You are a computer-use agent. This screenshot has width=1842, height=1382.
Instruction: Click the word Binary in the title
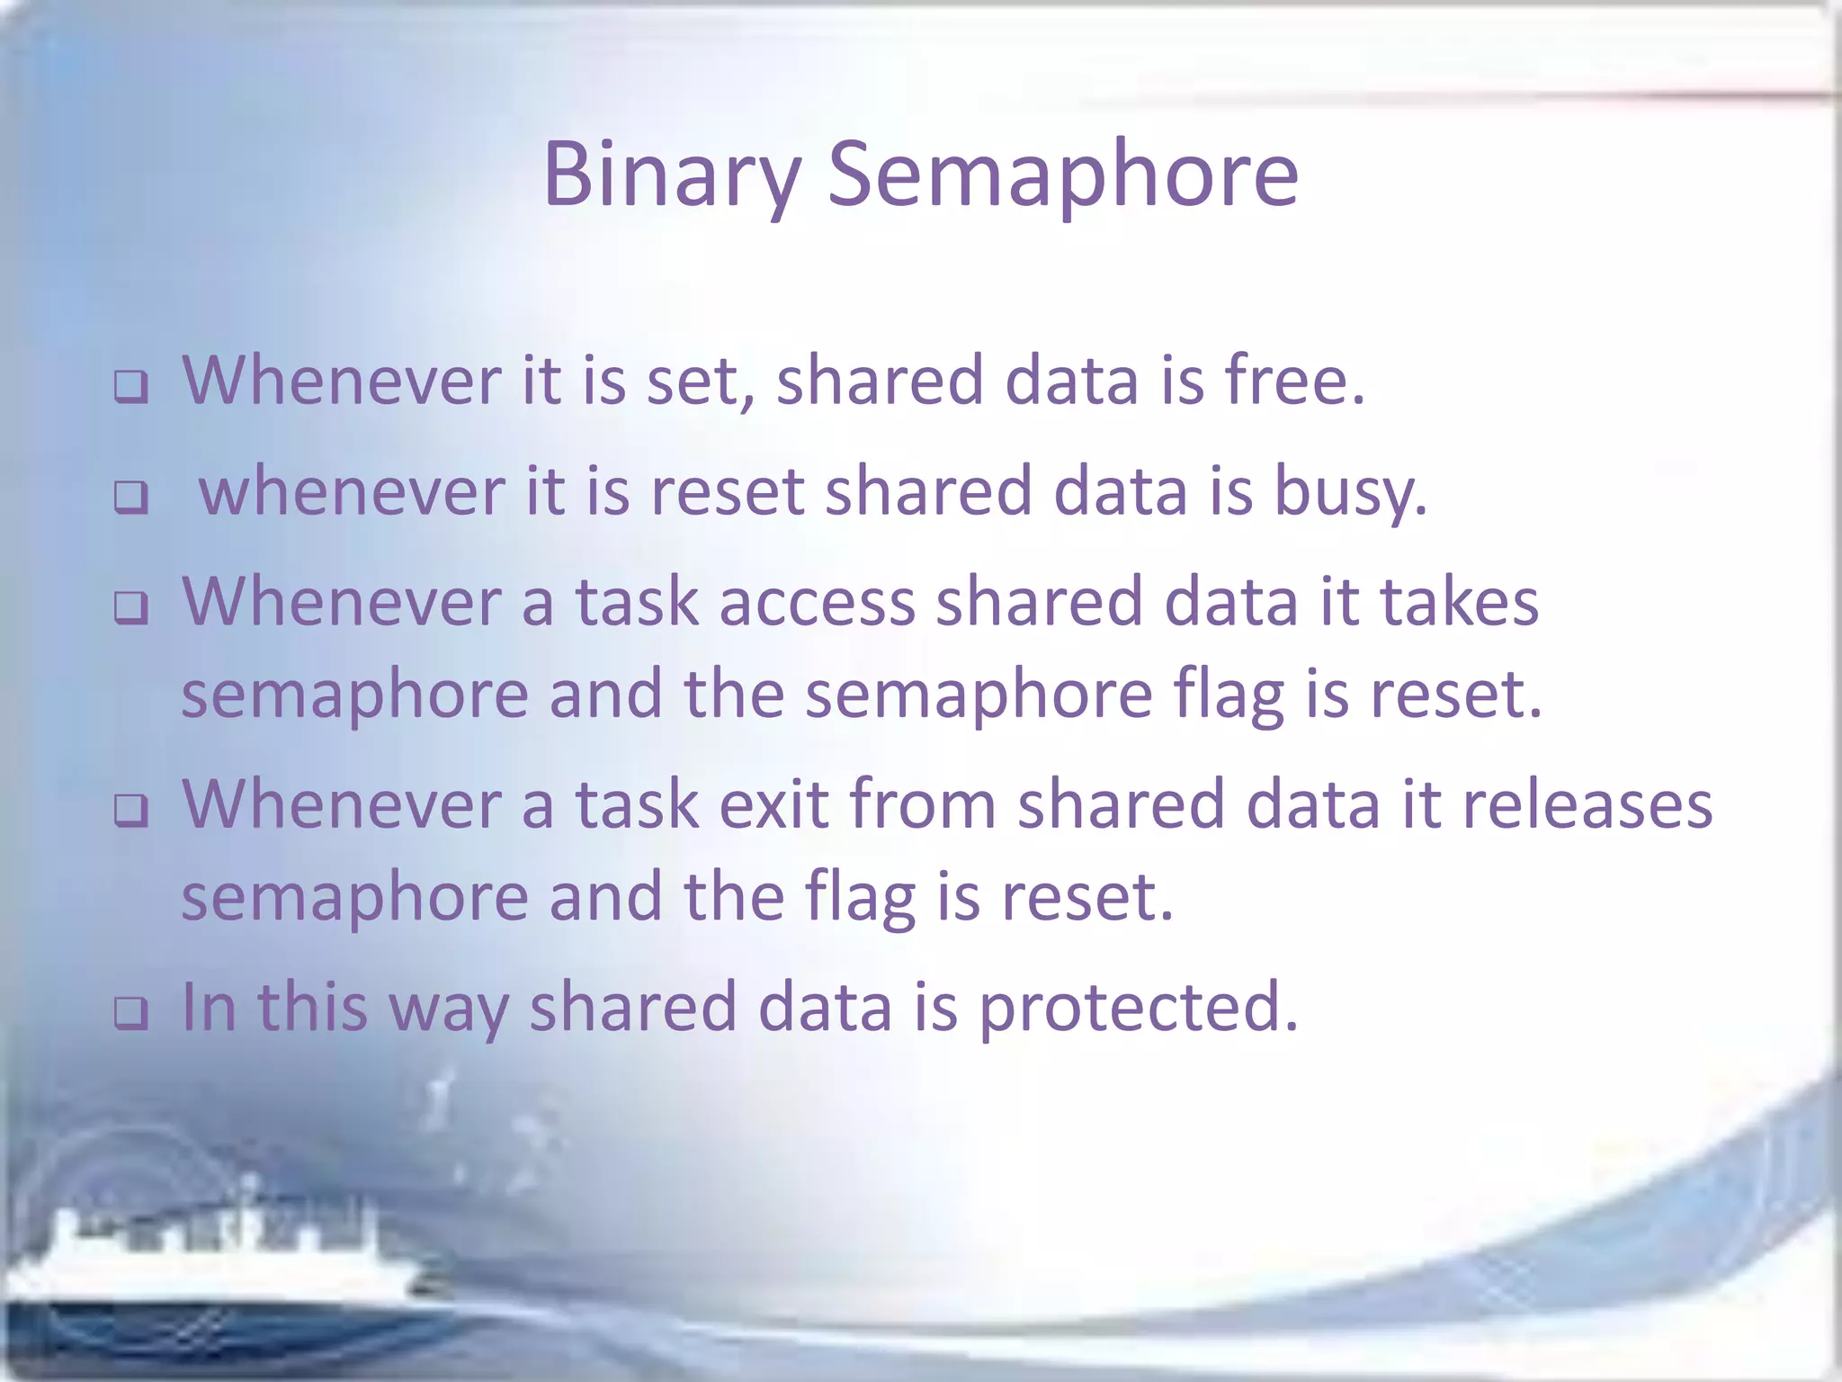tap(670, 175)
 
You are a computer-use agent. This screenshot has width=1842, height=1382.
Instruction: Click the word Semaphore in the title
tap(1062, 175)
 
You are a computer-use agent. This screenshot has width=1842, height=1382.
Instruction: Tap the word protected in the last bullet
tap(1138, 1008)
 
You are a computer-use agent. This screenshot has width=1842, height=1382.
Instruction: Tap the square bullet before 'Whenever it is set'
tap(131, 388)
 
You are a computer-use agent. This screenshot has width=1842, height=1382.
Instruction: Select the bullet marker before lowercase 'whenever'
tap(131, 498)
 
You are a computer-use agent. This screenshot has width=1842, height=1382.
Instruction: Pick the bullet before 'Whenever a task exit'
tap(131, 811)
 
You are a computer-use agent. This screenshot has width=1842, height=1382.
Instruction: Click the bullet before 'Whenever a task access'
tap(131, 608)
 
